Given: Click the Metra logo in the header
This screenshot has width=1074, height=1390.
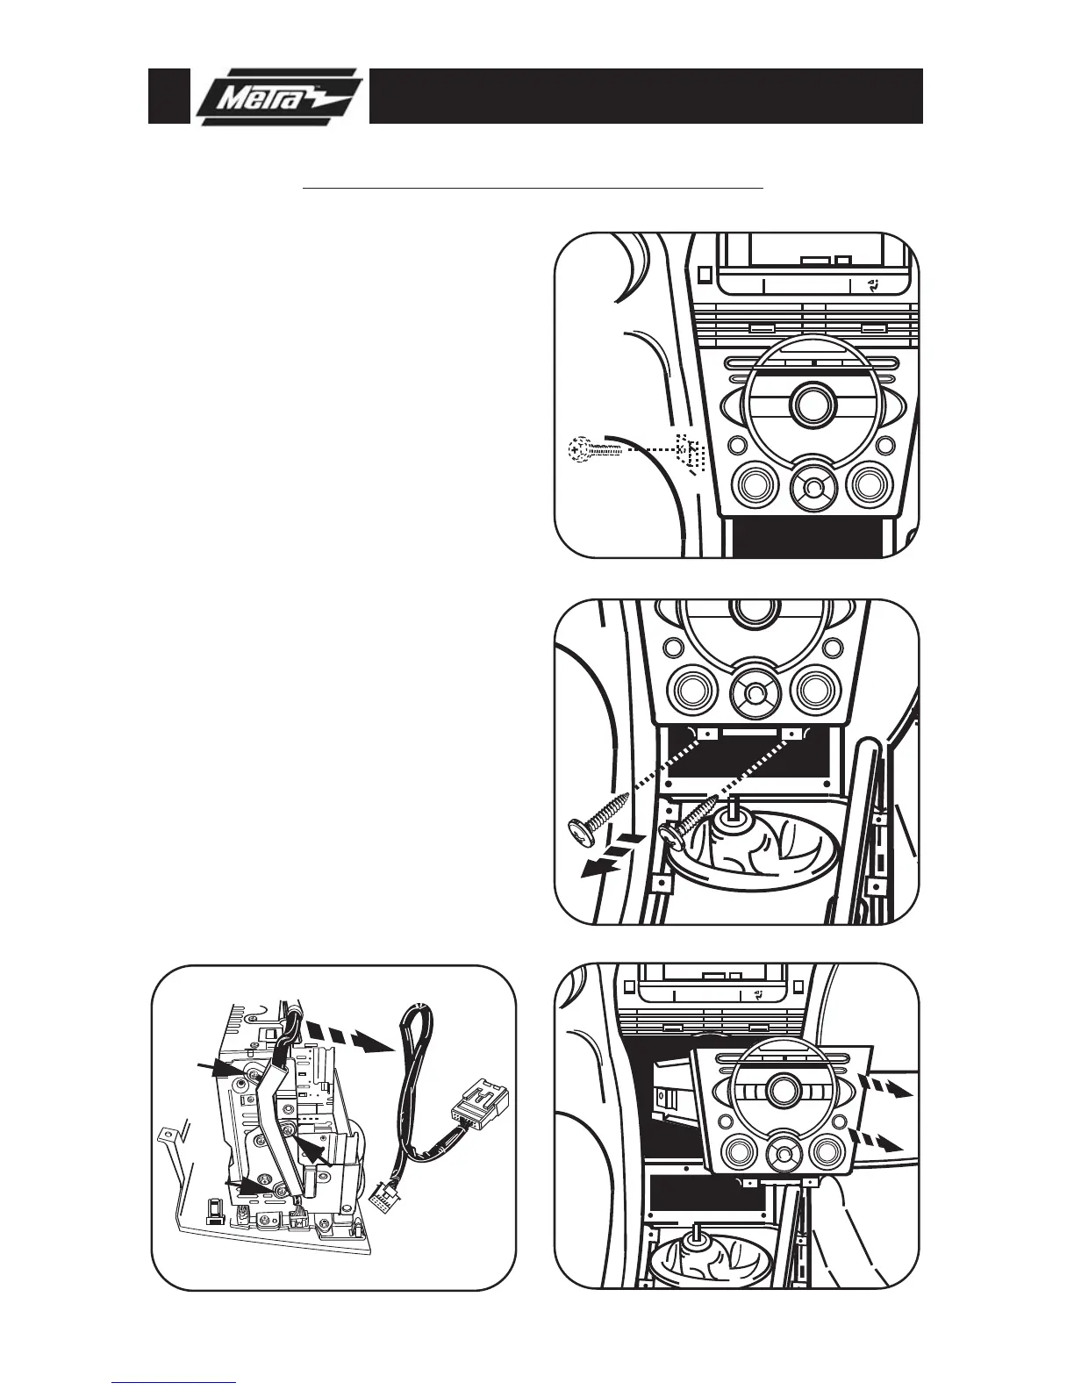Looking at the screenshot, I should pos(279,97).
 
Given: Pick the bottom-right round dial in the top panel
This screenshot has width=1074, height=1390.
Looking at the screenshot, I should pos(870,484).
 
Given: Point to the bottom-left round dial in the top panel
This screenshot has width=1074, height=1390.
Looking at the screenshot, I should pos(754,484).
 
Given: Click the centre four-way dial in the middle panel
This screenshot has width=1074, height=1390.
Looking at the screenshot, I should pos(754,691).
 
